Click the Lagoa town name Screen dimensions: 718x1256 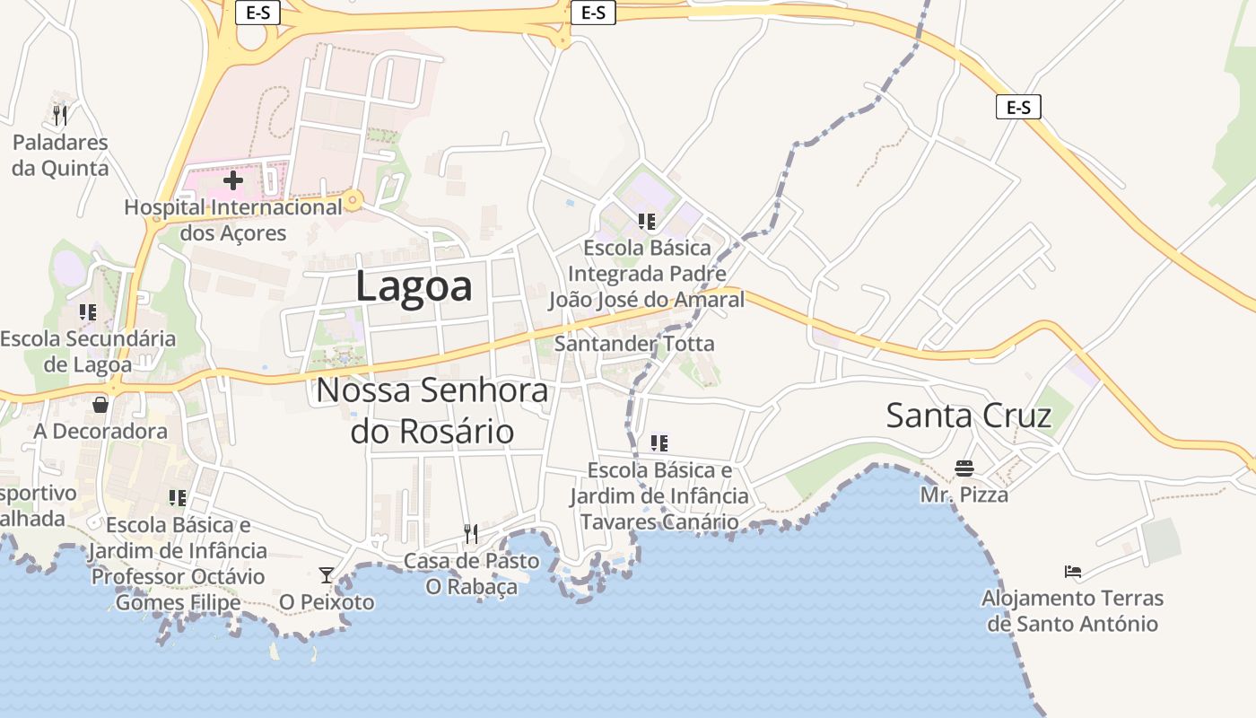pos(414,286)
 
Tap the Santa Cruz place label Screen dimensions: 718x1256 pos(968,416)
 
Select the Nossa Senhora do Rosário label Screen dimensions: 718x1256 pos(432,410)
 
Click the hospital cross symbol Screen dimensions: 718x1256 pos(233,180)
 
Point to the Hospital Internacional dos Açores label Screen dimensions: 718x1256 pos(233,220)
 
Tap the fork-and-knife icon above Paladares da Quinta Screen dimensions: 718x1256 pos(60,115)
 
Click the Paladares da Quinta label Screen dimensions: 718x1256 pos(60,155)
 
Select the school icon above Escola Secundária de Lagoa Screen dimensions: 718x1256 pos(88,312)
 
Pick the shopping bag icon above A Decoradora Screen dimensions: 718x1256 pos(100,405)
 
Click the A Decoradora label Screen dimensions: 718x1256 pos(100,431)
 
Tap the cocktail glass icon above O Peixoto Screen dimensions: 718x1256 pos(327,574)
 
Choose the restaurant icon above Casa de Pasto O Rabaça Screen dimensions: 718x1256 pos(471,534)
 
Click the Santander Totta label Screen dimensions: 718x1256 pos(634,343)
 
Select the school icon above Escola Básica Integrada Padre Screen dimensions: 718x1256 pos(646,221)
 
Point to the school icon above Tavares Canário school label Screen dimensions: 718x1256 pos(659,442)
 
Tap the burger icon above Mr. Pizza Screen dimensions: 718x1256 pos(964,468)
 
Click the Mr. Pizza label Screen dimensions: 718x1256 pos(964,495)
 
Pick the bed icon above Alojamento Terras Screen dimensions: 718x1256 pos(1072,571)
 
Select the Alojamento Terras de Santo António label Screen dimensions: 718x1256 pos(1072,610)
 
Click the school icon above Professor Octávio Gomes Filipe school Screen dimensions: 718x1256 pos(178,497)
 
